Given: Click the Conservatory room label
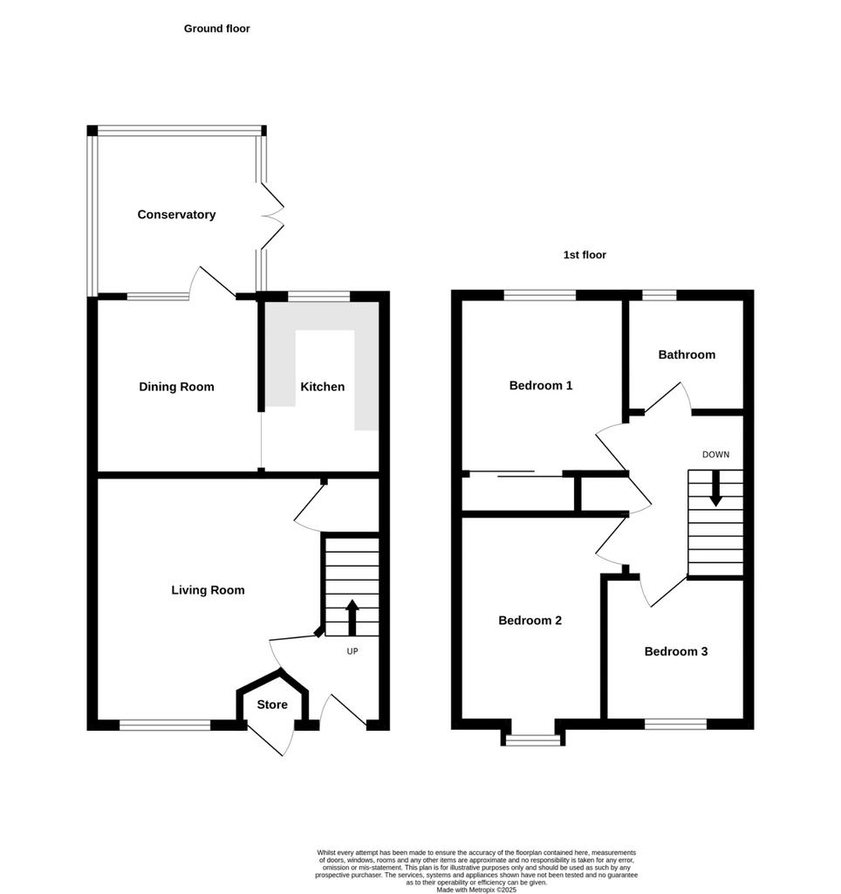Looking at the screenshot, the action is pos(176,215).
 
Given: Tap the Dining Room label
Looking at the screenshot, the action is pos(176,387).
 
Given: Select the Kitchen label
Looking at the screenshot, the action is pos(323,387).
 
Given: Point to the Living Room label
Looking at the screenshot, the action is pos(208,591).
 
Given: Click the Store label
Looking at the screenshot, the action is pos(272,705).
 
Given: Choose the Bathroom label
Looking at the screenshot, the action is pos(687,354).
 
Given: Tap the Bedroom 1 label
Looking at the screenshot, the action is pos(541,385).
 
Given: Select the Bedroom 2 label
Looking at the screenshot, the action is pos(530,621).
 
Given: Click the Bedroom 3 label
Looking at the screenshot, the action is pos(676,651).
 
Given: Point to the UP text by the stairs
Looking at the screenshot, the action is pos(352,651).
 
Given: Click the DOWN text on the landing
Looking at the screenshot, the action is pos(715,454).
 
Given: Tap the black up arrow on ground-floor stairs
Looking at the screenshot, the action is pos(352,617).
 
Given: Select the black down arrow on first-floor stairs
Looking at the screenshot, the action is pos(715,489).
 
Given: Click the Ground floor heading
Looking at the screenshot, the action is pos(217,29).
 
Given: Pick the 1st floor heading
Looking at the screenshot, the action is pos(585,255).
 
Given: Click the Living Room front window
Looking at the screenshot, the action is pos(165,726).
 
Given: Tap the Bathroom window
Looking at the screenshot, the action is pos(660,295).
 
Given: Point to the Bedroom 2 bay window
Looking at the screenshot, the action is pos(533,740).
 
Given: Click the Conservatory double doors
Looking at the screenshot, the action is pos(272,216).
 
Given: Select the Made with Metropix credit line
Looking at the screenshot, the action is pos(476,890).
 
